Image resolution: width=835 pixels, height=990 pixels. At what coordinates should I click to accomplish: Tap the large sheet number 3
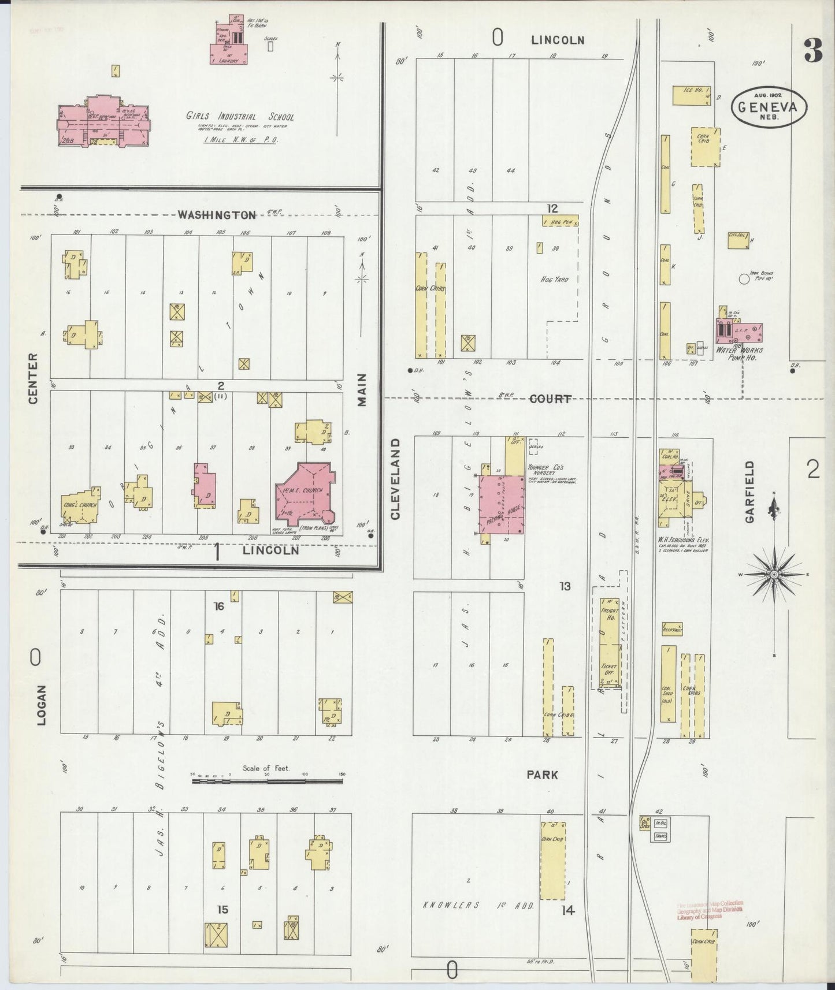click(812, 51)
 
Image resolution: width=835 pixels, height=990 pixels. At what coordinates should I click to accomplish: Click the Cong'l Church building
click(81, 506)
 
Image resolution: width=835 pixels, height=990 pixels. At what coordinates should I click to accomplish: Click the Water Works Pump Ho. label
click(739, 353)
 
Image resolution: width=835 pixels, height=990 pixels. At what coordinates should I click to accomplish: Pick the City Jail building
click(738, 240)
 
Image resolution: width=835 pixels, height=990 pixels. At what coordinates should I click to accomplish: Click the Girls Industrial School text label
click(240, 116)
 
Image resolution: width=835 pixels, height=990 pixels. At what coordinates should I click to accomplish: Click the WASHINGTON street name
click(217, 215)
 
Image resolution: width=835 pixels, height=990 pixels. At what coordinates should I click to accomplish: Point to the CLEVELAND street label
click(395, 479)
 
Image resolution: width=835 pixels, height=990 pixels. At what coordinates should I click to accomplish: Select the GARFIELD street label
click(750, 492)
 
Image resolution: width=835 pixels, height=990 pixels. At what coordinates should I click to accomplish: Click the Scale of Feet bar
click(268, 781)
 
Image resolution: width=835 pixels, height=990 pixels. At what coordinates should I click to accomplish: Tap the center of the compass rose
click(774, 575)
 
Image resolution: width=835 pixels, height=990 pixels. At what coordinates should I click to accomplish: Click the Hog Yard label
click(554, 280)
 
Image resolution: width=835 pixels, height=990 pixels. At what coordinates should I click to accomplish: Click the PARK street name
click(542, 775)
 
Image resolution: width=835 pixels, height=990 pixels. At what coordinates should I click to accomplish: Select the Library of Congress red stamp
click(710, 911)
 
